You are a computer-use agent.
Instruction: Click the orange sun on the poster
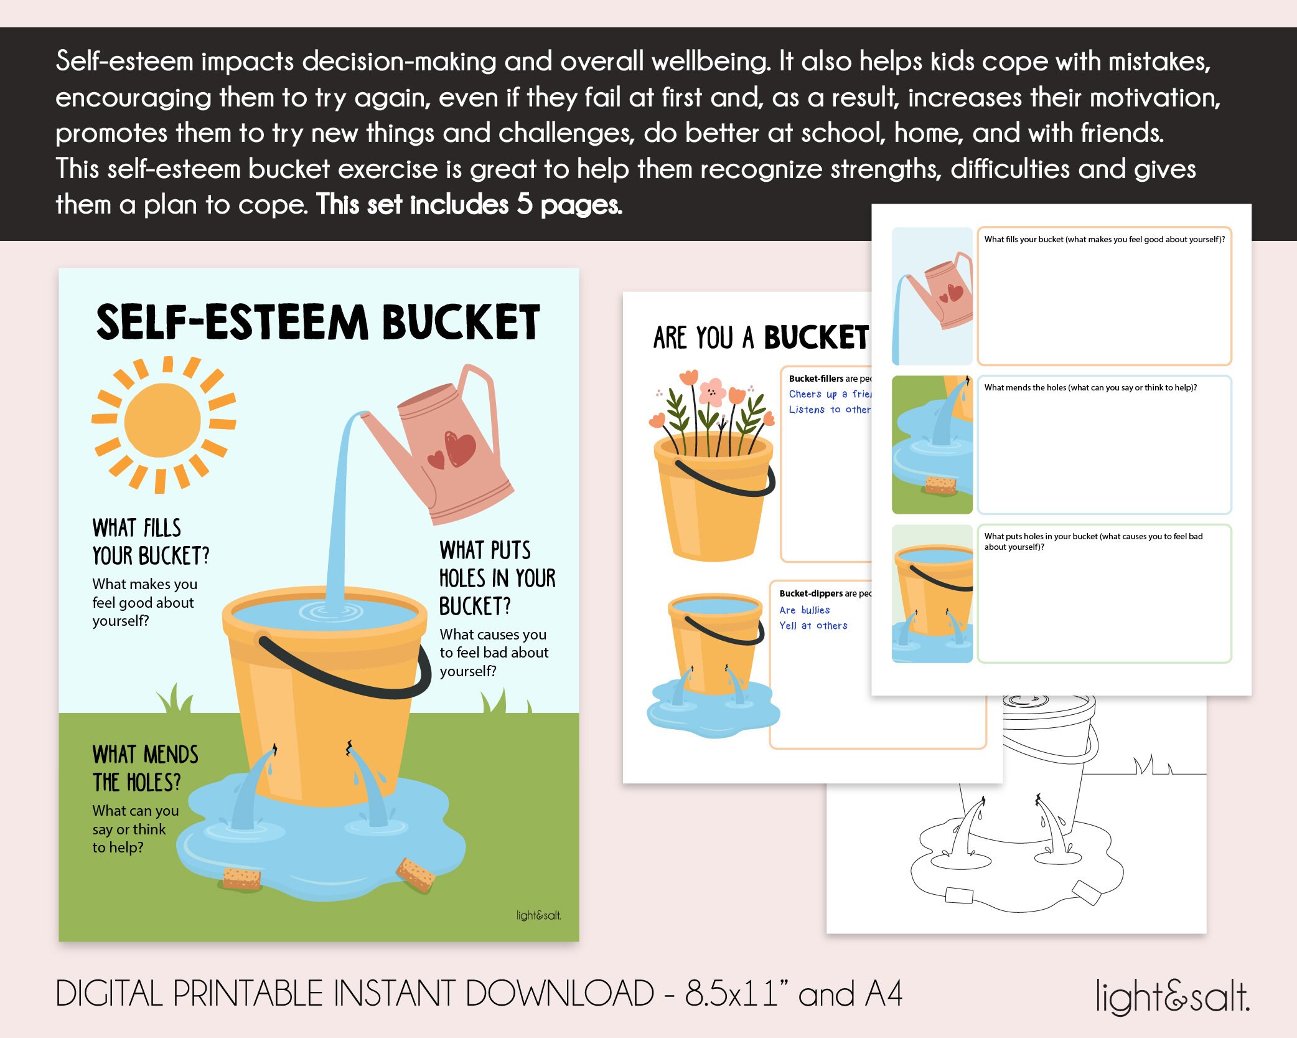click(x=162, y=423)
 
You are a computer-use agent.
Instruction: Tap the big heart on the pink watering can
click(x=461, y=449)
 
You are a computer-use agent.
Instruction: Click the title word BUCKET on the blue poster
click(x=461, y=323)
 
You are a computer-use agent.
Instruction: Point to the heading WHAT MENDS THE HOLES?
click(x=145, y=768)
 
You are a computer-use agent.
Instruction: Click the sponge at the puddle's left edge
click(x=241, y=878)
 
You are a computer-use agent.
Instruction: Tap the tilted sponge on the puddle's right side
click(x=415, y=874)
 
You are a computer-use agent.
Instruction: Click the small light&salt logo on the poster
click(x=538, y=915)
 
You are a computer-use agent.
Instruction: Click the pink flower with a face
click(x=713, y=392)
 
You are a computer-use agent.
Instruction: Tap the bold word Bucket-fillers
click(x=816, y=379)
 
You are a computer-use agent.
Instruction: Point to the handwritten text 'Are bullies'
click(x=804, y=610)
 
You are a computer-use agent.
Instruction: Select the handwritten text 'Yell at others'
click(x=813, y=626)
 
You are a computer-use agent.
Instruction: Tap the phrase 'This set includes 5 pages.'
click(x=469, y=204)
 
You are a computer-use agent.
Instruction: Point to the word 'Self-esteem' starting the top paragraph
click(x=124, y=61)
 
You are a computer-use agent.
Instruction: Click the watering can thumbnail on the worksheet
click(x=932, y=296)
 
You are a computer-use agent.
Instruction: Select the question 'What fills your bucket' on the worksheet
click(x=1104, y=239)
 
